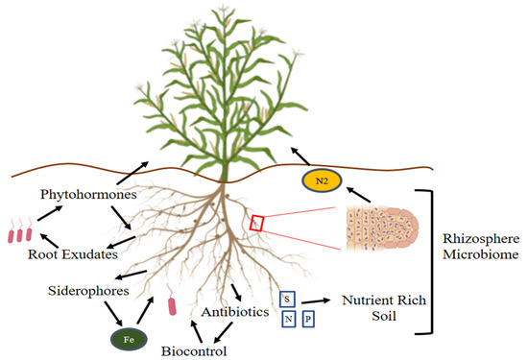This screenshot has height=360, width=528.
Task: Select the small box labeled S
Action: (x=287, y=299)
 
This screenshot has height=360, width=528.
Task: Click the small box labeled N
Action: (x=287, y=319)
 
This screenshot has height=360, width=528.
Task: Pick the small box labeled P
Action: (x=308, y=319)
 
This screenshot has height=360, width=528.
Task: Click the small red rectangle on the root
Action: (x=257, y=224)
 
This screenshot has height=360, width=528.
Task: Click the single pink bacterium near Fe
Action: (x=174, y=306)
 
